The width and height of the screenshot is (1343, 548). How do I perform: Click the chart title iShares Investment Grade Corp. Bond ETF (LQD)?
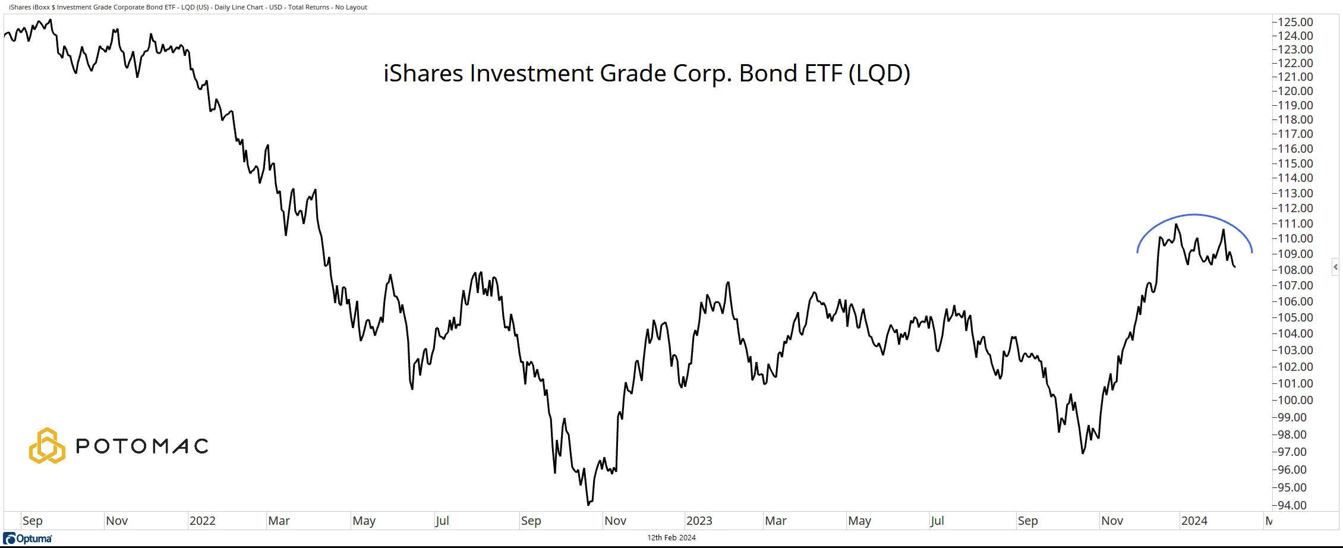(x=647, y=74)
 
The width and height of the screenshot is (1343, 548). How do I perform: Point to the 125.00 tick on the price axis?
(x=1295, y=22)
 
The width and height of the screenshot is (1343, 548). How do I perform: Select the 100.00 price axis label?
(x=1295, y=400)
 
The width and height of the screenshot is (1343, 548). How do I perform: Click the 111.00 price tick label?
(x=1295, y=223)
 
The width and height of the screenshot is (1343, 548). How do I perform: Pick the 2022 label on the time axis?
(x=202, y=521)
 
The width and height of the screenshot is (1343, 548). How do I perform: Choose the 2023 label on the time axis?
(x=699, y=521)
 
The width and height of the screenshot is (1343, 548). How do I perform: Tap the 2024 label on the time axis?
(x=1194, y=521)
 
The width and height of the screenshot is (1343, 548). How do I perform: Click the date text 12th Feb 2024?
(x=671, y=538)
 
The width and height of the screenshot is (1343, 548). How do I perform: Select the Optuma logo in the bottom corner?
(x=28, y=538)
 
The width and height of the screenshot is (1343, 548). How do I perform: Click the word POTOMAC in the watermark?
(x=142, y=446)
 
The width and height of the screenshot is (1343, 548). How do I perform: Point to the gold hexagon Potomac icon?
(x=47, y=446)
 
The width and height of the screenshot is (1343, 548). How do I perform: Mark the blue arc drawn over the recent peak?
(x=1194, y=215)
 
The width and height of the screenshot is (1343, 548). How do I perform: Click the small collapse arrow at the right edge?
(x=1335, y=267)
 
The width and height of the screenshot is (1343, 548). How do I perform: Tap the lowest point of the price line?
(x=588, y=505)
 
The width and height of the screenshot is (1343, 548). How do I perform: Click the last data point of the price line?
(x=1235, y=267)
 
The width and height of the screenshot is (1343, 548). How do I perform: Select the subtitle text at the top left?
(x=188, y=7)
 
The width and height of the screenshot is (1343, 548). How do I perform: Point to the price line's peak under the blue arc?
(x=1176, y=224)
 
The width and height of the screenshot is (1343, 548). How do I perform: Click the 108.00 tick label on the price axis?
(x=1295, y=270)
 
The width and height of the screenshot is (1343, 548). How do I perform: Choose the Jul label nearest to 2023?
(x=937, y=521)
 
